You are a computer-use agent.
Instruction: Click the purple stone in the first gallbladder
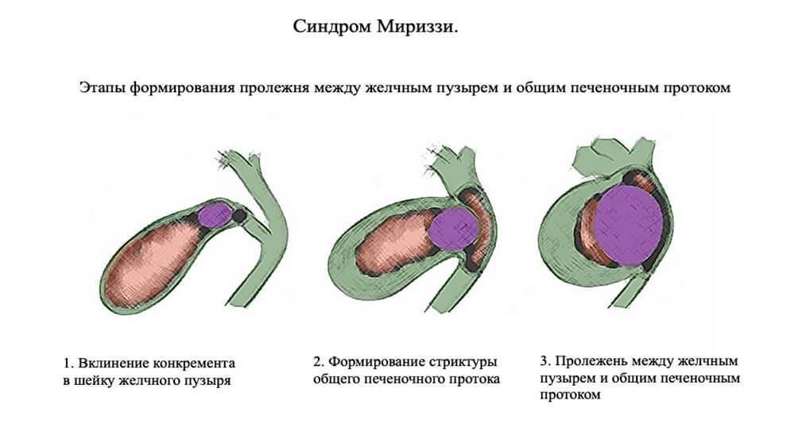214,214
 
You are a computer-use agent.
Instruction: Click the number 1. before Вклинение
68,364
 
